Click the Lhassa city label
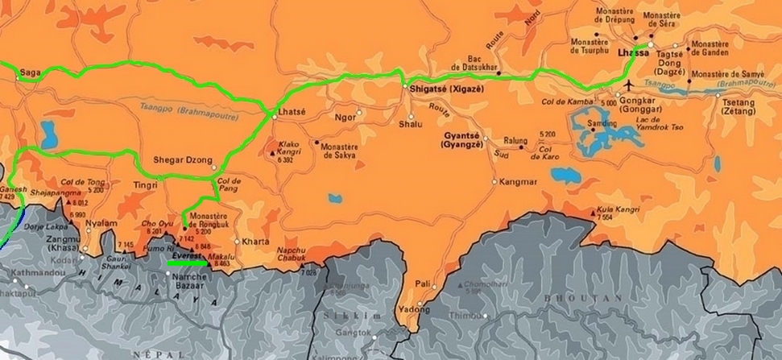631,53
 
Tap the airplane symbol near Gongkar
628,84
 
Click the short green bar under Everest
187,262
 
